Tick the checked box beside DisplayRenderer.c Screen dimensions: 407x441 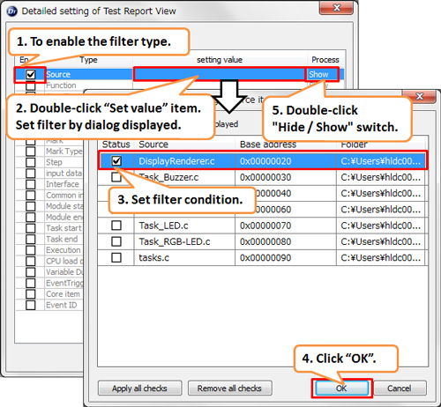(x=117, y=160)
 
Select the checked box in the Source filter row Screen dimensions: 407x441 (x=31, y=75)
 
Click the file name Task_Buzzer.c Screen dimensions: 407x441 (x=168, y=176)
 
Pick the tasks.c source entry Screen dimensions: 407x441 (x=153, y=257)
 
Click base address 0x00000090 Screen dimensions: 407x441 (x=265, y=257)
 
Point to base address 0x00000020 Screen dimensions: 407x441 (x=265, y=160)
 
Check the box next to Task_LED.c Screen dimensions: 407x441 (x=117, y=226)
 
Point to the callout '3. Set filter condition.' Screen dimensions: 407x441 (x=182, y=199)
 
